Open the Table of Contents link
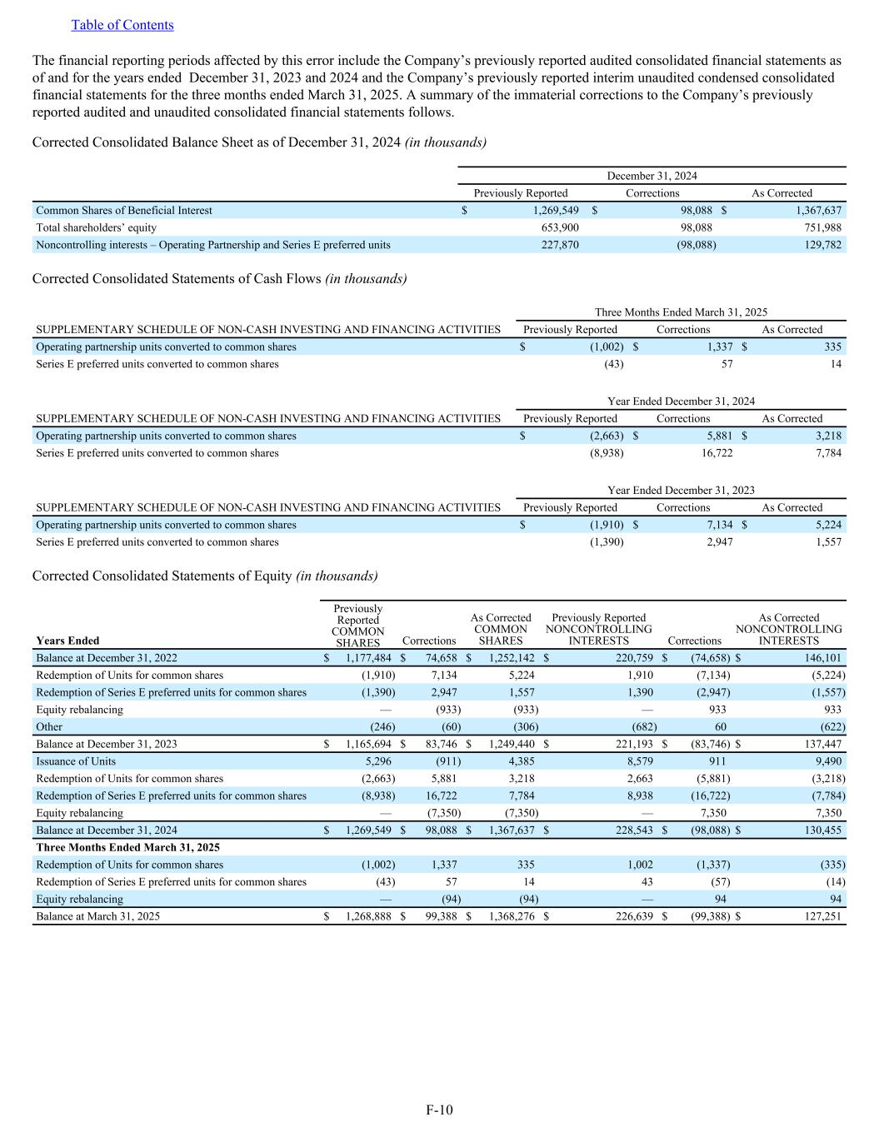(x=122, y=25)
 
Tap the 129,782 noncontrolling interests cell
(x=822, y=245)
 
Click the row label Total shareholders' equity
(x=96, y=227)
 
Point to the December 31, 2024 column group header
(x=652, y=176)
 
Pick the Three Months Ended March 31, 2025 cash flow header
(x=681, y=312)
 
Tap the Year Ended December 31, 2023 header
(x=681, y=490)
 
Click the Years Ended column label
(x=67, y=641)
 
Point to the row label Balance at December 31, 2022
(x=106, y=658)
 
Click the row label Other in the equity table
(x=49, y=727)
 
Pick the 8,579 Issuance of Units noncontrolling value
(x=637, y=761)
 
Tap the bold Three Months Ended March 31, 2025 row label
(x=127, y=847)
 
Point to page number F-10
(x=439, y=1110)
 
